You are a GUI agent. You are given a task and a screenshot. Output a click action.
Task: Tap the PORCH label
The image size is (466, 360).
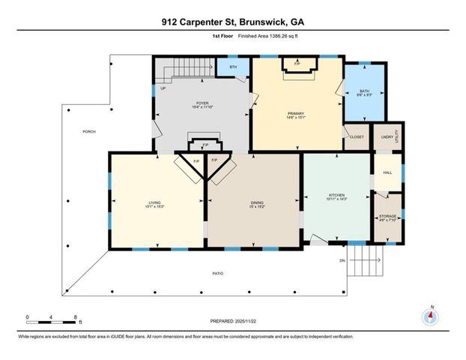(x=89, y=131)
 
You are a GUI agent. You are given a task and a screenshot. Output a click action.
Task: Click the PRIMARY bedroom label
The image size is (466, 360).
(x=295, y=113)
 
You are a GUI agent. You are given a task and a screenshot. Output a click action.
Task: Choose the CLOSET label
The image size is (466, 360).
(x=357, y=137)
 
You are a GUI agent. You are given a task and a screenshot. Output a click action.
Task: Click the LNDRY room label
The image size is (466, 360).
(x=387, y=136)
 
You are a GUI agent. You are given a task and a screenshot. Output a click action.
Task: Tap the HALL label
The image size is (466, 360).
(x=387, y=172)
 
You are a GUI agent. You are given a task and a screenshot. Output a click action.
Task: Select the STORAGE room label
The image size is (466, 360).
(x=387, y=217)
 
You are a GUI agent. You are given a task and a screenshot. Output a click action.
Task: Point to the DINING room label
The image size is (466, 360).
(x=257, y=202)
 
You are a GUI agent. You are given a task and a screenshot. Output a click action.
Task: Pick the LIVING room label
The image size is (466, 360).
(x=154, y=202)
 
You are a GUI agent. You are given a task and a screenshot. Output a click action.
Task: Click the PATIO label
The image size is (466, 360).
(x=217, y=273)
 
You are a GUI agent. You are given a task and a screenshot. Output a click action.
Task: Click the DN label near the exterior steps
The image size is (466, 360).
(x=342, y=261)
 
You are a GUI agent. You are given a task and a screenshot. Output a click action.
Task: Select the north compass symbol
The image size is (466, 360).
(x=431, y=315)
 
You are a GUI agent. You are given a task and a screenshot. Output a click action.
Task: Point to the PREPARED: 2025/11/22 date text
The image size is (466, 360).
(x=232, y=320)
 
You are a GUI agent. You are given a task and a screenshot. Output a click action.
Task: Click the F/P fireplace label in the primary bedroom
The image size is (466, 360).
(x=297, y=64)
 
